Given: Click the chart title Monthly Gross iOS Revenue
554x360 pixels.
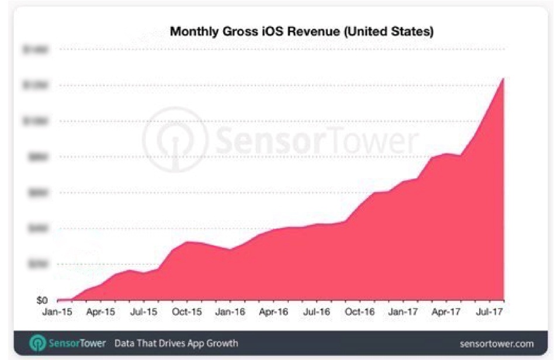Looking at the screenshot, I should click(302, 32).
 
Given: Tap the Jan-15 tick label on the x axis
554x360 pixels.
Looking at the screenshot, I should click(57, 312).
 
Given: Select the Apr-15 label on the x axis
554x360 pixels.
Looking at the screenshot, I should click(101, 312).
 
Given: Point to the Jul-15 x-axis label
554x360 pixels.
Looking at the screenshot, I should click(144, 312).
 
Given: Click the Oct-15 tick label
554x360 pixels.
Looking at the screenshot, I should click(187, 312).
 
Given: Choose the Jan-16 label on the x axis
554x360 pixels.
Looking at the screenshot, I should click(230, 312).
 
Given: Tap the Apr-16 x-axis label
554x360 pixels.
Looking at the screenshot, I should click(273, 312).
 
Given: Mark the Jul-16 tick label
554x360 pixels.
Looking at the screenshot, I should click(316, 312).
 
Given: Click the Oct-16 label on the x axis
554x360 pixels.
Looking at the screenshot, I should click(360, 312).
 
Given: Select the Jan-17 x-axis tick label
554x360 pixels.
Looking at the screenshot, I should click(403, 312).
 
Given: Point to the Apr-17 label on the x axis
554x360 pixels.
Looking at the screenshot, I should click(446, 312).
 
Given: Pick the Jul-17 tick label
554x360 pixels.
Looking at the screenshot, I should click(489, 312).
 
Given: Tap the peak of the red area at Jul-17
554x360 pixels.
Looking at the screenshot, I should click(503, 78).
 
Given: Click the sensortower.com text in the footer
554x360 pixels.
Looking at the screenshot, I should click(497, 343).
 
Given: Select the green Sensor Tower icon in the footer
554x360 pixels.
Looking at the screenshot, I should click(37, 343).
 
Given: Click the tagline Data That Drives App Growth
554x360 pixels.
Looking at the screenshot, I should click(176, 343).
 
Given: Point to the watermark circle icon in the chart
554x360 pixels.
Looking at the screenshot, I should click(175, 140).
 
